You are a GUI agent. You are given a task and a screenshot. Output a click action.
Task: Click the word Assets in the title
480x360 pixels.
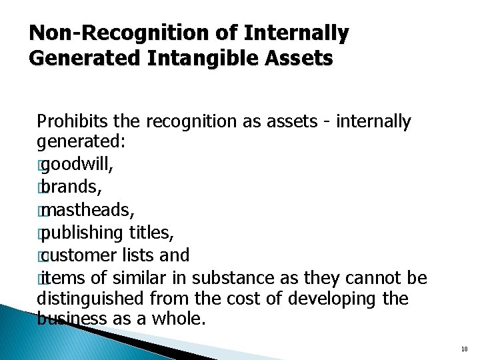tap(299, 59)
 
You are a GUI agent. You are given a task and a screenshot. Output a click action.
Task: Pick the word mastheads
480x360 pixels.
tap(86, 211)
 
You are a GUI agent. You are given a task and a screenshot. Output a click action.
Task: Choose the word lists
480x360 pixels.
tap(145, 255)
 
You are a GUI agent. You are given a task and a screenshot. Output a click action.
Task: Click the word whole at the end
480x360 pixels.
tap(178, 319)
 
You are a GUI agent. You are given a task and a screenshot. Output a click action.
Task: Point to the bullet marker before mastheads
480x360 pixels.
tap(41, 211)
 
